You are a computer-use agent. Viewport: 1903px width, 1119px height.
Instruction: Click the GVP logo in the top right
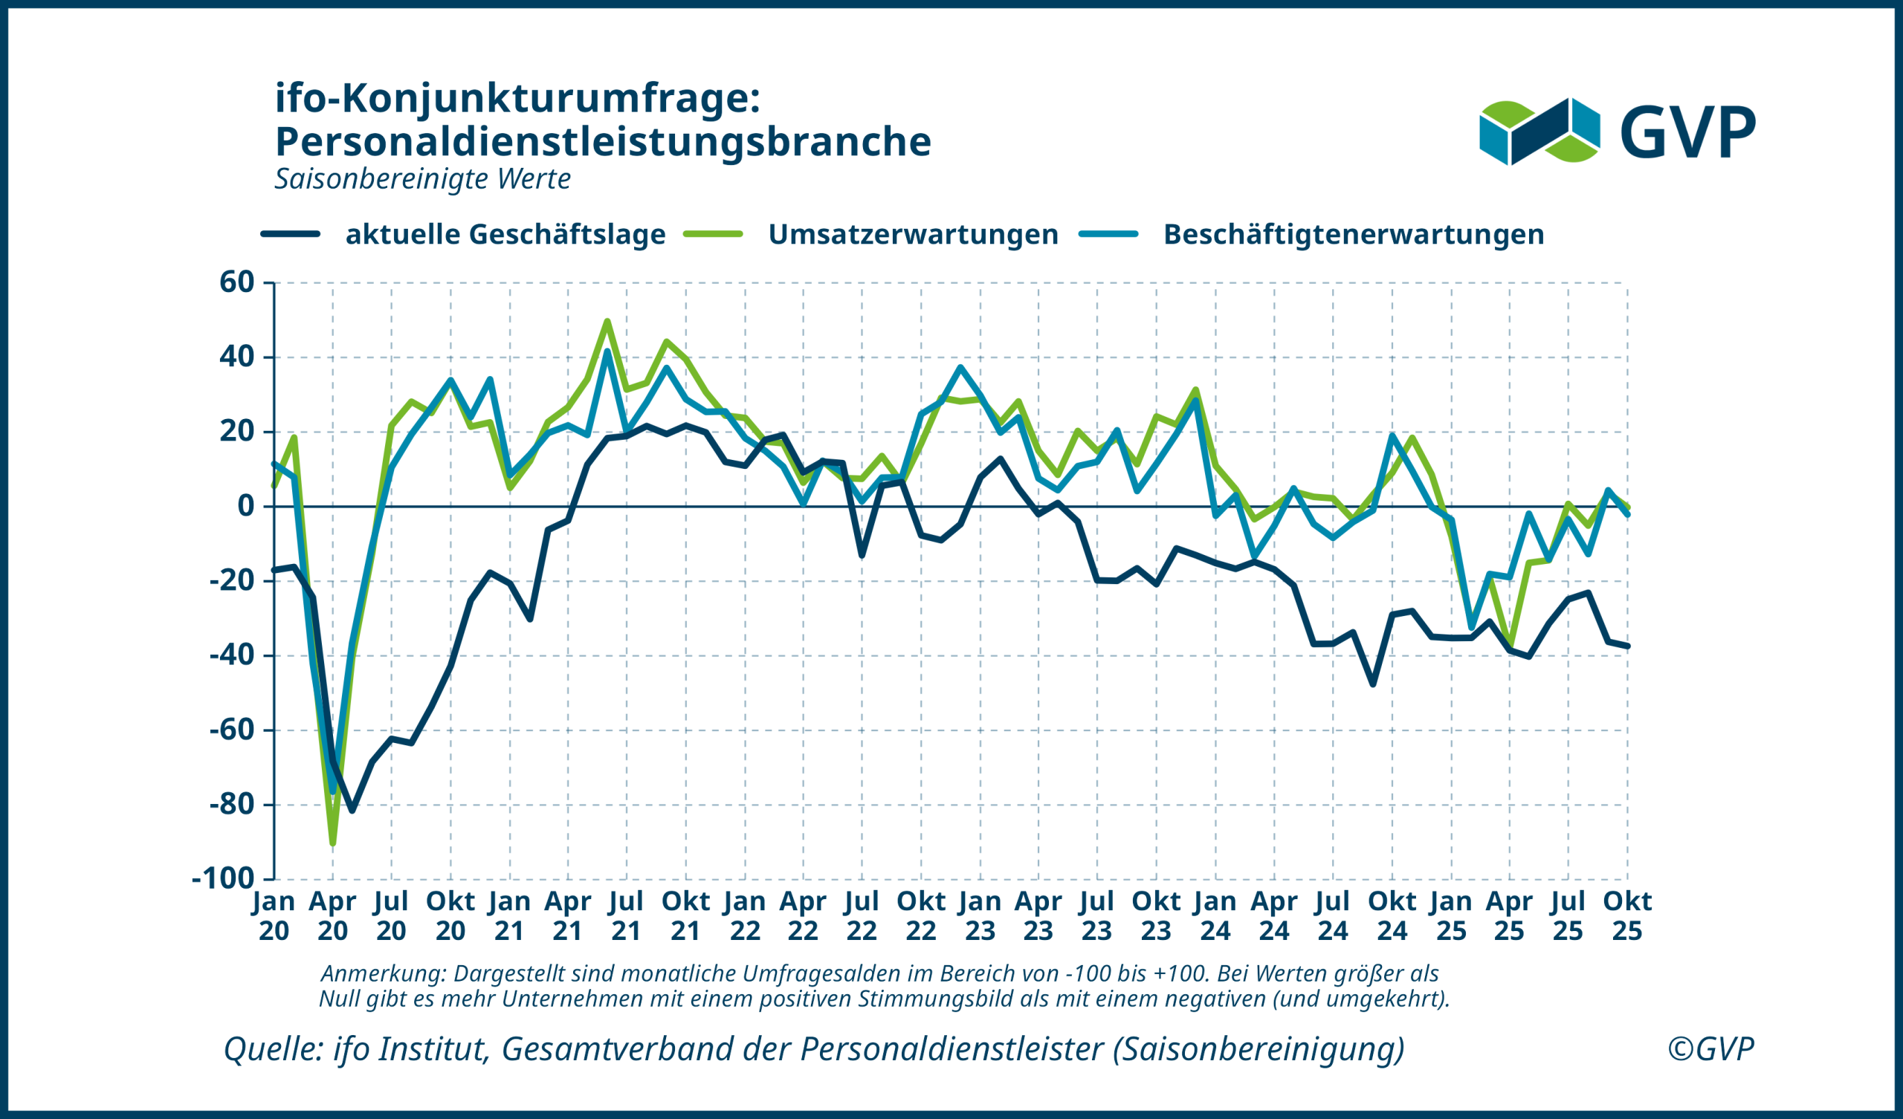(x=1617, y=132)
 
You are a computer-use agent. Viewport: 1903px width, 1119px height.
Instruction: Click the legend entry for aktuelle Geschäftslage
(x=505, y=234)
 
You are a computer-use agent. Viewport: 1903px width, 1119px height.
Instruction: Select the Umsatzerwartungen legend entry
(x=912, y=234)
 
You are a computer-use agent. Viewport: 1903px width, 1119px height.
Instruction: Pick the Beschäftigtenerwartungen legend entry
(x=1352, y=234)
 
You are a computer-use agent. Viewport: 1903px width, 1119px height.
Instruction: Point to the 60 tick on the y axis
(x=237, y=282)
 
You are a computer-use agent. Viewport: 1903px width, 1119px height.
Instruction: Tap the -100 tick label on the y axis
(x=224, y=879)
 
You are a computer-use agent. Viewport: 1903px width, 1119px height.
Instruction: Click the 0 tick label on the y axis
(x=246, y=506)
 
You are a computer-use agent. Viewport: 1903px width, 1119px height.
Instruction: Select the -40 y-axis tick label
(x=232, y=655)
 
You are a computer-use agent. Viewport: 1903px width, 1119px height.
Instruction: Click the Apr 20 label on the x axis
(x=332, y=916)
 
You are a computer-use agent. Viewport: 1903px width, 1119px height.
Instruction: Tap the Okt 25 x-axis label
(x=1627, y=916)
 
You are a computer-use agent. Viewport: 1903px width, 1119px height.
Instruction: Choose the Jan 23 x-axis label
(x=980, y=916)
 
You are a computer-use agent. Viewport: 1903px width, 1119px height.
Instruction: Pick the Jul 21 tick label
(x=626, y=916)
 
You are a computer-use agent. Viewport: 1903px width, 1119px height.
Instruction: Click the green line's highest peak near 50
(x=607, y=322)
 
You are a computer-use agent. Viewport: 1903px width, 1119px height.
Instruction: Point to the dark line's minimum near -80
(x=352, y=810)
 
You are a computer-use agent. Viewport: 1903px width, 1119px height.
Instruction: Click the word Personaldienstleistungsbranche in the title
(x=603, y=141)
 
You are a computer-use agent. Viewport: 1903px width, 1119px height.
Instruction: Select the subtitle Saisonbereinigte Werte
(x=422, y=179)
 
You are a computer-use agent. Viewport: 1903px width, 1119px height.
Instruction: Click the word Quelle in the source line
(x=273, y=1048)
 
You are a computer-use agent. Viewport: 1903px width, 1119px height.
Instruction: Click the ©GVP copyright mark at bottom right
(x=1710, y=1048)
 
